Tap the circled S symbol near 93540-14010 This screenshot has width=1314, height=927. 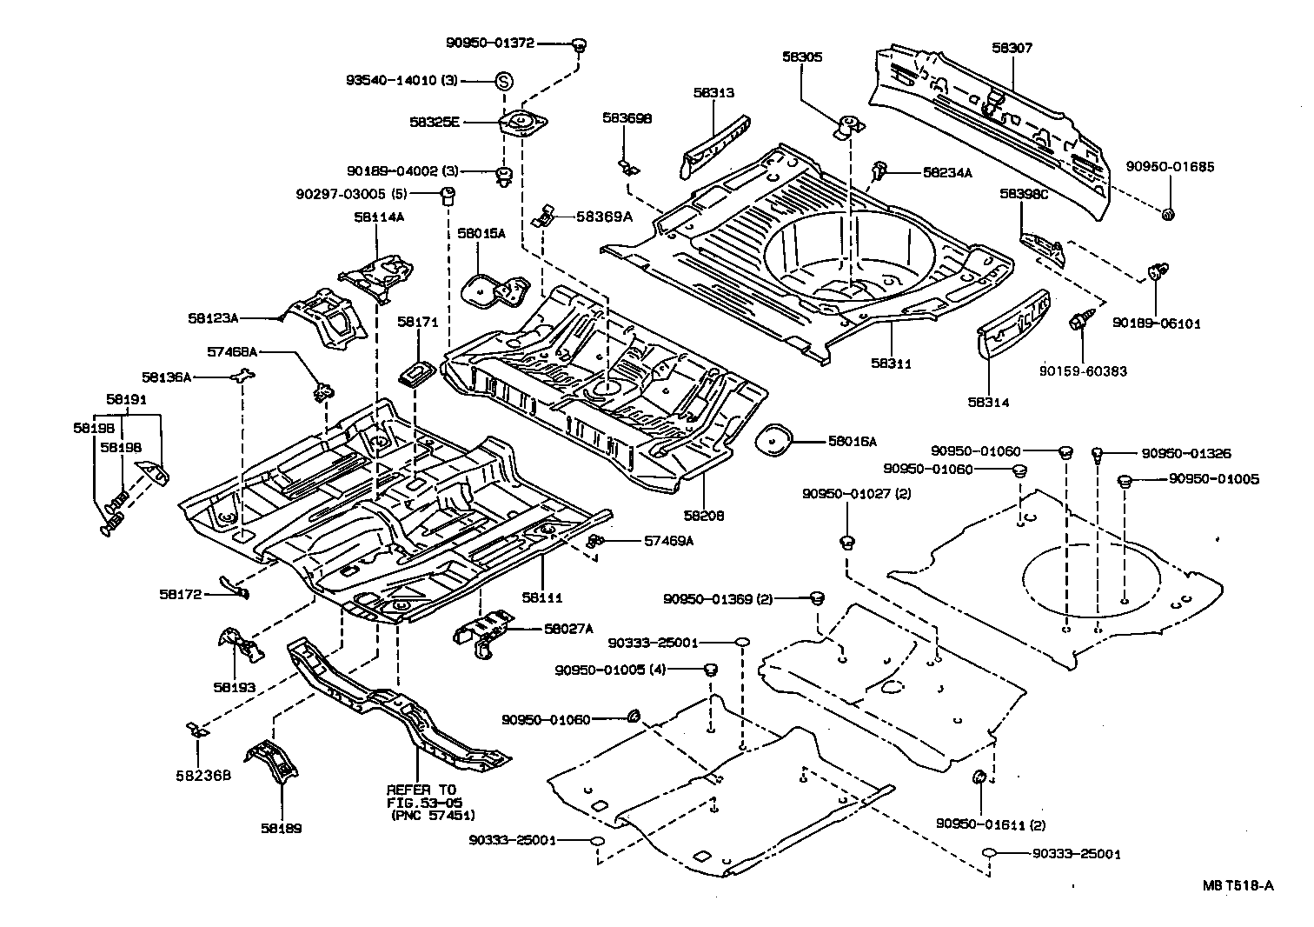tap(503, 81)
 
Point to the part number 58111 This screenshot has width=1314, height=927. tap(542, 597)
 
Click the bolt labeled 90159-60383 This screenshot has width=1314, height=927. tap(1078, 324)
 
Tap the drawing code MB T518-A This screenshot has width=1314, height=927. tap(1238, 885)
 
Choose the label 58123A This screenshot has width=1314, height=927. tap(213, 318)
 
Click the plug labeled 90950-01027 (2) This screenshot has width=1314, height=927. tap(847, 544)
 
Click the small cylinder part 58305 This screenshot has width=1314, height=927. tap(849, 125)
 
